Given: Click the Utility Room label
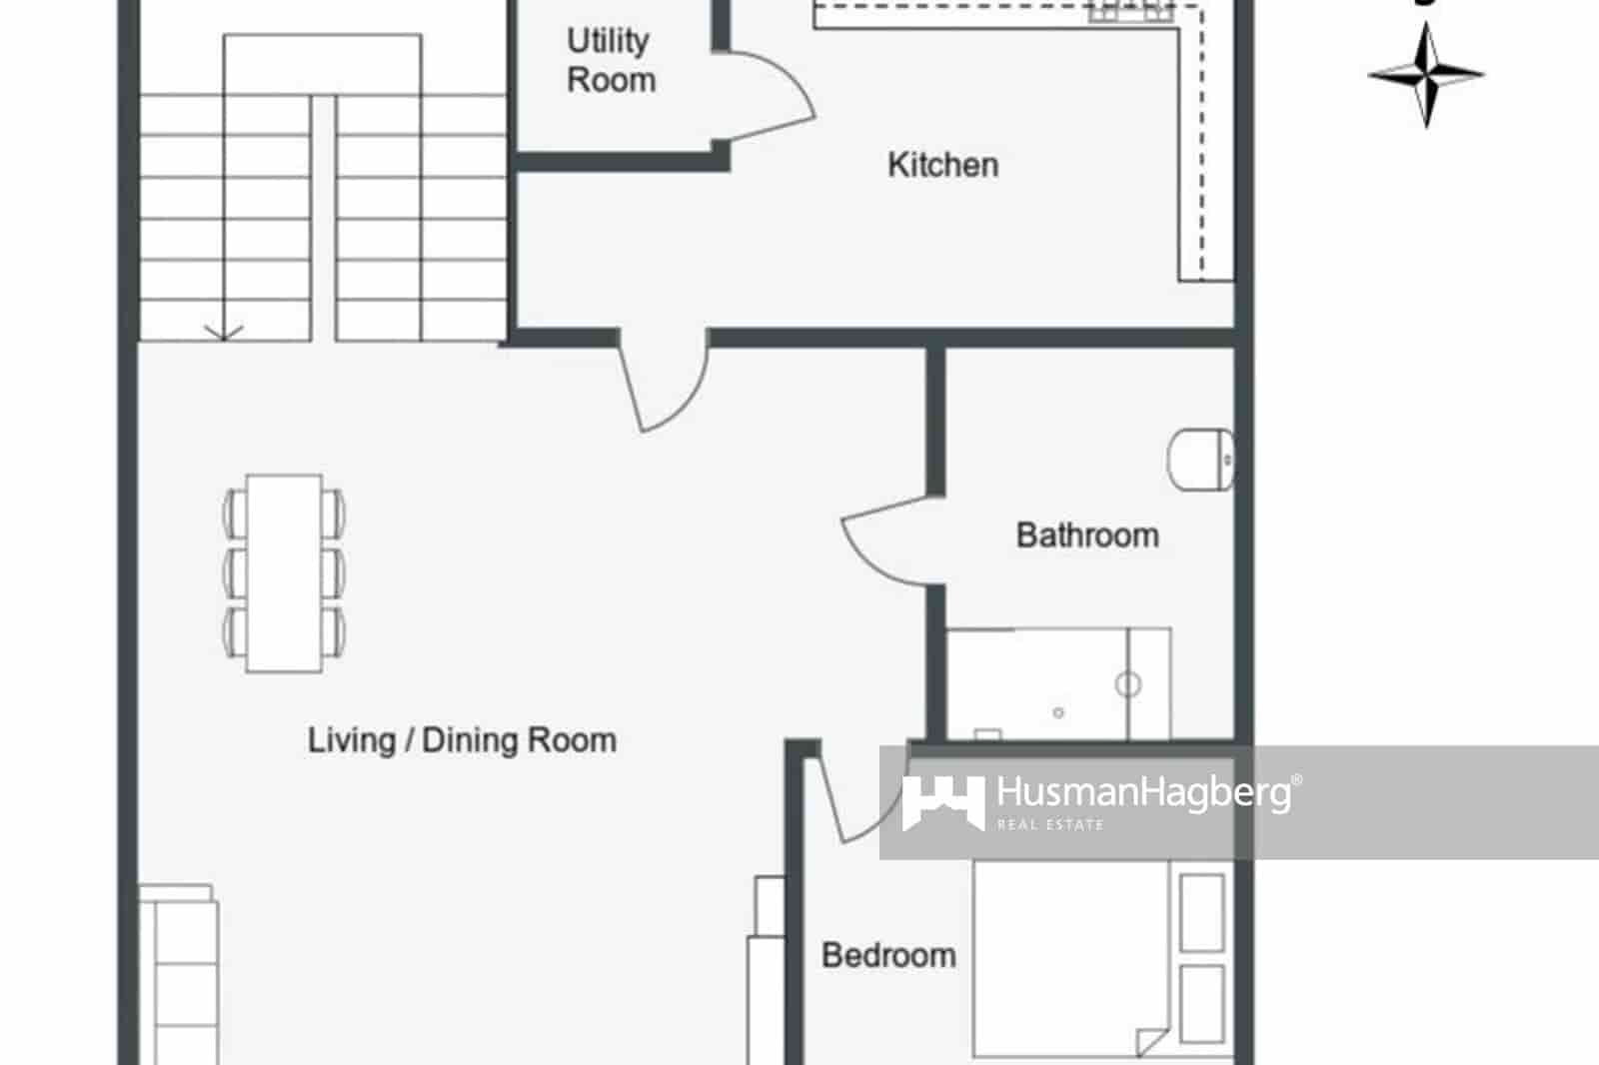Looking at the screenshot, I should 611,60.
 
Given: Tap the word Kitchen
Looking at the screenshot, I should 942,165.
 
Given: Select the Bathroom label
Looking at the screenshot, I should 1087,535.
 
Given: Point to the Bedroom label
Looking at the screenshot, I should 888,955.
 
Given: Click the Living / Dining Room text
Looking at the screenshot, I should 462,740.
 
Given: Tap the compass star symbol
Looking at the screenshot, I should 1426,75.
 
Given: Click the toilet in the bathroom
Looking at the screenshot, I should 1200,460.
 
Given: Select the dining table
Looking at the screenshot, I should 284,572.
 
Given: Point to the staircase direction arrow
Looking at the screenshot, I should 223,332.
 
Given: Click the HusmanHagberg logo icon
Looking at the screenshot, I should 942,801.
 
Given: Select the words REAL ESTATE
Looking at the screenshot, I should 1050,825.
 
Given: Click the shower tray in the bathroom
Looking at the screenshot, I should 1057,684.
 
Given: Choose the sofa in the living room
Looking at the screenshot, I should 180,974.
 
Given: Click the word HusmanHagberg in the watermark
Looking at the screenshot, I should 1143,793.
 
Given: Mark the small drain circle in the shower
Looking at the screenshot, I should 1058,712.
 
